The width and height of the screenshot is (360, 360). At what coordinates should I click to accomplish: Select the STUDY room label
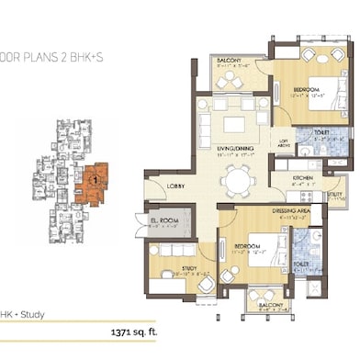click(188, 268)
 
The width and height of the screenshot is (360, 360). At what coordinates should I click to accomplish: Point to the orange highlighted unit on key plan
click(92, 181)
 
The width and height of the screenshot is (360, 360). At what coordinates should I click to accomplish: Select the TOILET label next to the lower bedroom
click(300, 263)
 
